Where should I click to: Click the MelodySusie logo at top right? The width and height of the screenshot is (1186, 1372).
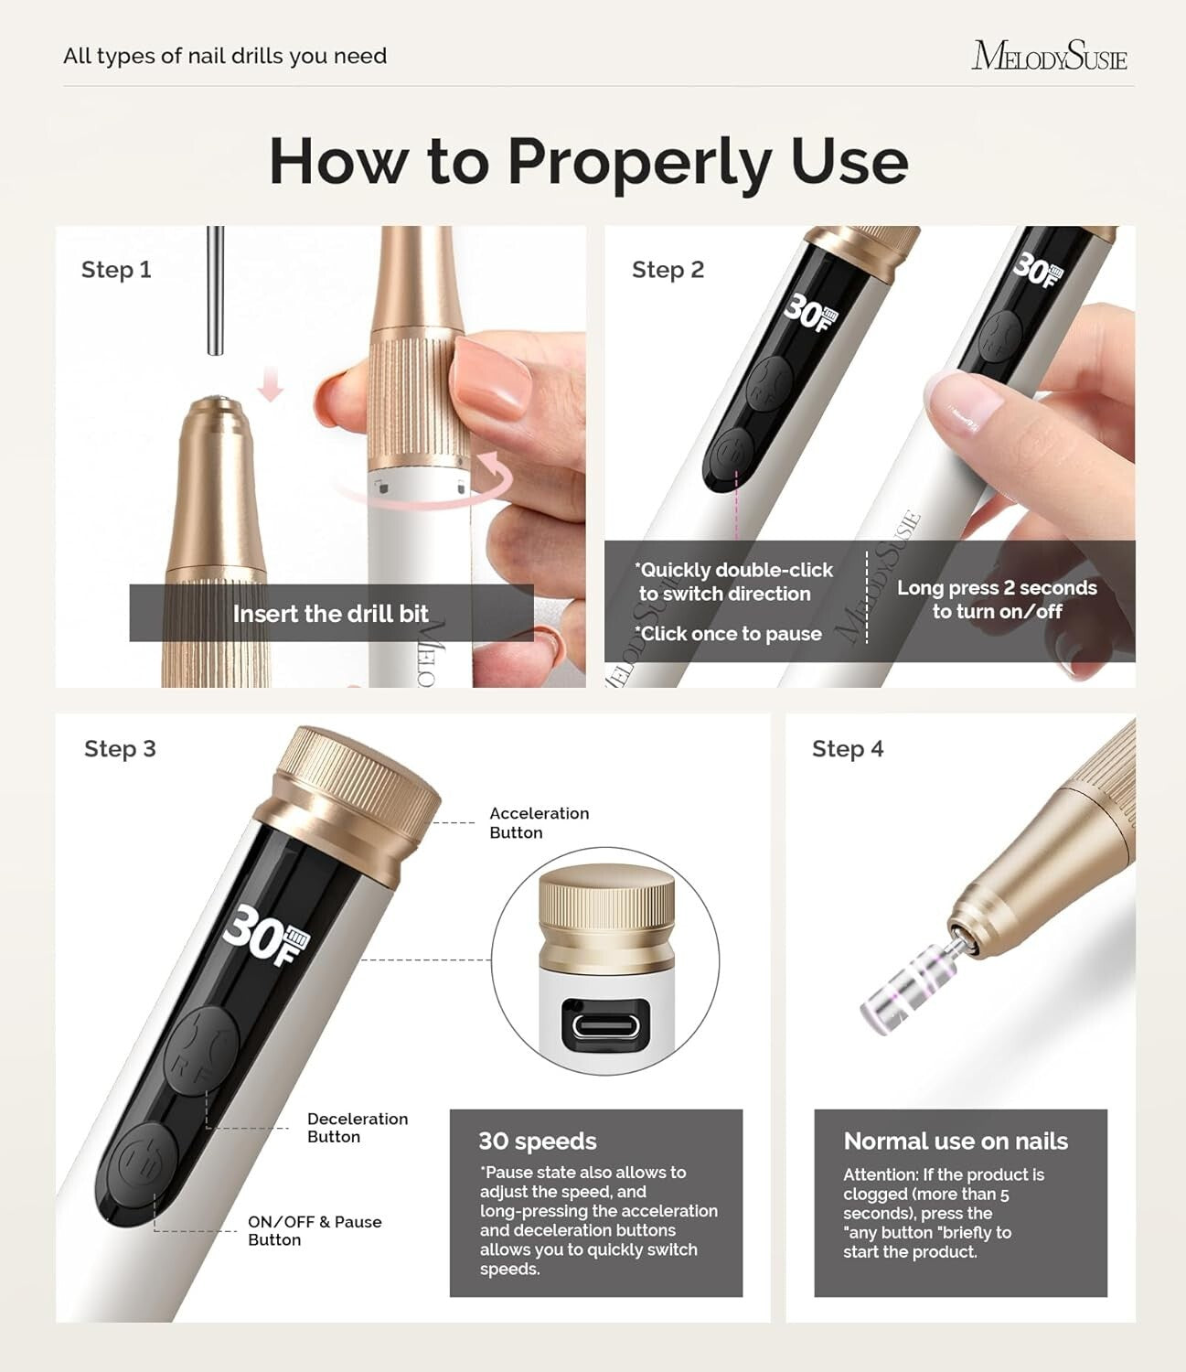[x=1049, y=56]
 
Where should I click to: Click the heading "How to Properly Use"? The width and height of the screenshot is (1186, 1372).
[x=588, y=161]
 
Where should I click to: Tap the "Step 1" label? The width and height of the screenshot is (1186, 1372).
[x=116, y=270]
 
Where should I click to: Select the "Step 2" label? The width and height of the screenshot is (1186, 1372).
[x=668, y=270]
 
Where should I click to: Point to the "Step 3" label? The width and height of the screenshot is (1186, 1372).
[x=120, y=749]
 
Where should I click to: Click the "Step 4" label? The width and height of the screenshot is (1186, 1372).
[x=848, y=749]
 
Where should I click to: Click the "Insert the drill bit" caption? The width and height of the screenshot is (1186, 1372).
[x=330, y=614]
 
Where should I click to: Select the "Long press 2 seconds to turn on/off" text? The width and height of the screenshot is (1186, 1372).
[x=997, y=600]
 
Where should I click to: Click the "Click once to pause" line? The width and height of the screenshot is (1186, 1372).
[x=729, y=634]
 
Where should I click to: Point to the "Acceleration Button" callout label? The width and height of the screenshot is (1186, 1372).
[x=539, y=822]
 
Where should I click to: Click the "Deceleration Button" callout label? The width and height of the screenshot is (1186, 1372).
[x=357, y=1128]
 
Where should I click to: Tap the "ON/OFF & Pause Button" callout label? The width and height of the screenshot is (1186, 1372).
[x=314, y=1231]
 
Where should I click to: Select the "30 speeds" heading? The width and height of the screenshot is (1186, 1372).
[x=538, y=1142]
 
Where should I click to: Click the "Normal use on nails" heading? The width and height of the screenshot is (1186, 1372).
[x=956, y=1142]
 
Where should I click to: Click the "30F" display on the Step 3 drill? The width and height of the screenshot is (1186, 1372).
[x=266, y=933]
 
